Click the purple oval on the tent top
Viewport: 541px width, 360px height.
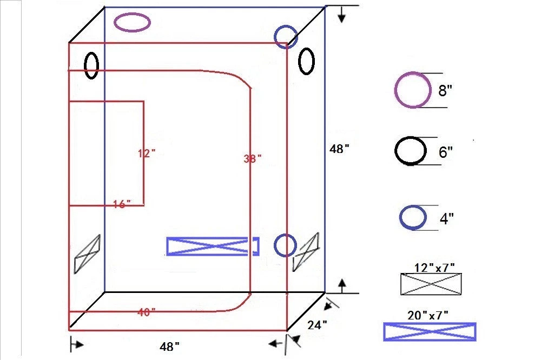(x=132, y=22)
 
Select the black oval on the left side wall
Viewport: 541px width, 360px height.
(x=91, y=65)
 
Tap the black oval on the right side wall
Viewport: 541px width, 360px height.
(x=306, y=61)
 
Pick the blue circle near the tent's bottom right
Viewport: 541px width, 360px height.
(x=285, y=245)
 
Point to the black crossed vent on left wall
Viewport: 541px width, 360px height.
(x=87, y=254)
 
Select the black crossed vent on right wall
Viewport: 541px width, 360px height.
(x=306, y=251)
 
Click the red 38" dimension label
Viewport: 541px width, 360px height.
(x=252, y=158)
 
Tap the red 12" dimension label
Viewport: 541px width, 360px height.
(x=146, y=154)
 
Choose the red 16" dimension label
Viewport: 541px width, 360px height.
(x=122, y=204)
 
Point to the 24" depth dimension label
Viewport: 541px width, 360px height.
(x=317, y=325)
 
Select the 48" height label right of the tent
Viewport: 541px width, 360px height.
(x=340, y=149)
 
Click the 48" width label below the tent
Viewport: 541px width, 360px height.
(x=170, y=346)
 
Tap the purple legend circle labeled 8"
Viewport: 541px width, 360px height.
(x=413, y=90)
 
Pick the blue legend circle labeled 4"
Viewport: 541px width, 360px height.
(x=413, y=217)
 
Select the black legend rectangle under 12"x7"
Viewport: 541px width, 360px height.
(x=431, y=284)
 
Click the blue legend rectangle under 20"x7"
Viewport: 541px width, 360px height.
(x=430, y=331)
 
